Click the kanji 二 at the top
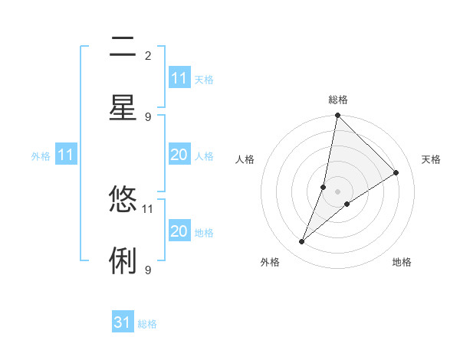pos(123,47)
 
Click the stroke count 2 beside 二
pos(147,56)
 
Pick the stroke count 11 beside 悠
pos(147,208)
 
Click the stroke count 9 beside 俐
pos(147,270)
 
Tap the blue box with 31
pos(123,322)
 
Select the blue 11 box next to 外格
pos(66,155)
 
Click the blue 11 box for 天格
pos(179,78)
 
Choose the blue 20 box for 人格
pos(179,155)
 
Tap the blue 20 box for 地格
pos(179,231)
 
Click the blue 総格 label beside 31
pos(147,324)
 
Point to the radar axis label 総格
pos(338,100)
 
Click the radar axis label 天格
pos(431,159)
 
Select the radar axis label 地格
pos(402,262)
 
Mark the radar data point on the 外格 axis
pos(302,242)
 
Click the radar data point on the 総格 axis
pos(337,115)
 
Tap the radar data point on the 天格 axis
pos(396,172)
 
